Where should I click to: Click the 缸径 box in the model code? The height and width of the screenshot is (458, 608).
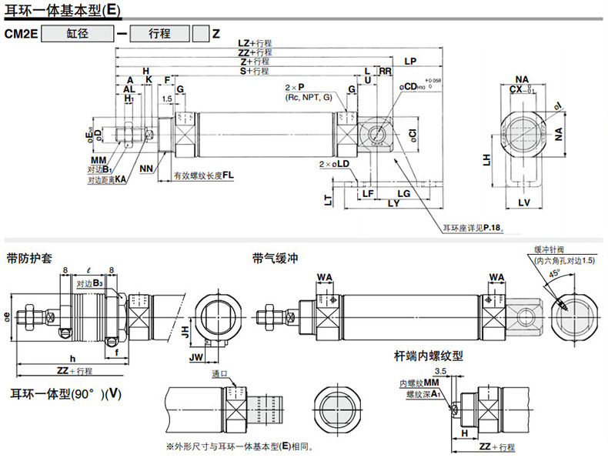pos(76,34)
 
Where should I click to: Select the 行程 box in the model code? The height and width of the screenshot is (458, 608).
pos(159,34)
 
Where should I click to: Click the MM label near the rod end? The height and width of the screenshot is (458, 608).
pos(97,160)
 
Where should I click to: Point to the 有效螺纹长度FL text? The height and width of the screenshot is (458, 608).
pos(203,176)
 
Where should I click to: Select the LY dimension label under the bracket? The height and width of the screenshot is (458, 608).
pos(393,204)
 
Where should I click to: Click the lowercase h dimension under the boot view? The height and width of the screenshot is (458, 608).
pos(72,358)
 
